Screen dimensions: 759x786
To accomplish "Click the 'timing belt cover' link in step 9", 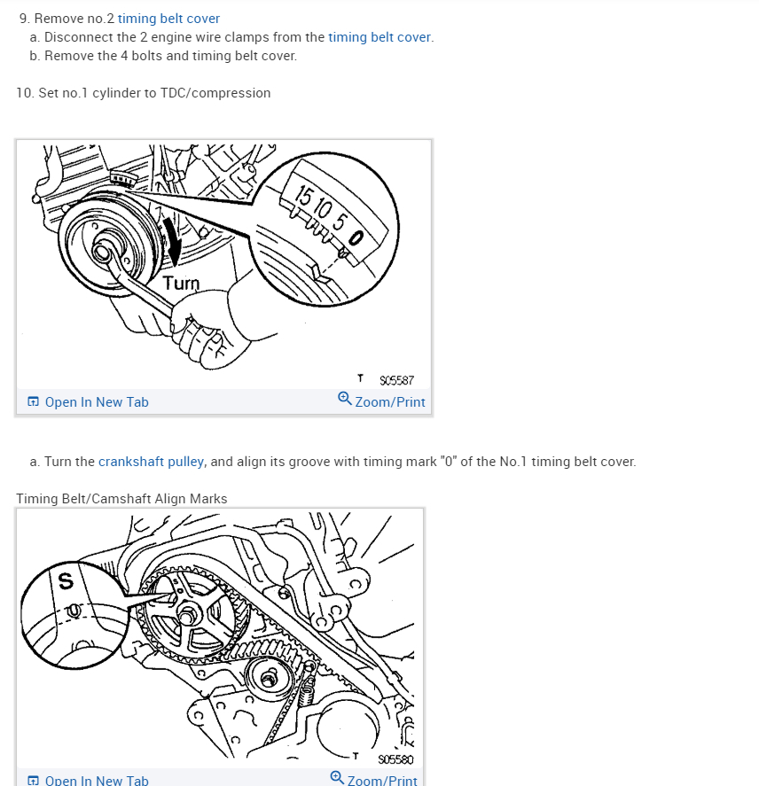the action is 168,19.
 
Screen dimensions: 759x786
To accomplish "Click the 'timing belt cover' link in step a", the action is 379,37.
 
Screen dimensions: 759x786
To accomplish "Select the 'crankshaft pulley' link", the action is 152,462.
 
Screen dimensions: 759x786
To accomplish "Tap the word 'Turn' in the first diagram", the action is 181,284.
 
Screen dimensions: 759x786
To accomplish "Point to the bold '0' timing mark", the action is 356,237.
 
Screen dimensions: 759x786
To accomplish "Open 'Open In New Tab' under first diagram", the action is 97,402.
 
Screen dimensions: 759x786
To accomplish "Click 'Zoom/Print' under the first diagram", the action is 390,402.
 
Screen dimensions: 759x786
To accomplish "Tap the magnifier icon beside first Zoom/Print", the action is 345,399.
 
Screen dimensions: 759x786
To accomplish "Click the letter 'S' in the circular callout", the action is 65,581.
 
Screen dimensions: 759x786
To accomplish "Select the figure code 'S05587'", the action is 395,381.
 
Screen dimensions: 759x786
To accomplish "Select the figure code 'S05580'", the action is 395,759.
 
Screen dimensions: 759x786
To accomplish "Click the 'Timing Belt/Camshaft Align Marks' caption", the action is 121,499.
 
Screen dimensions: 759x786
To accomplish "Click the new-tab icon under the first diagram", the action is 34,402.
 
